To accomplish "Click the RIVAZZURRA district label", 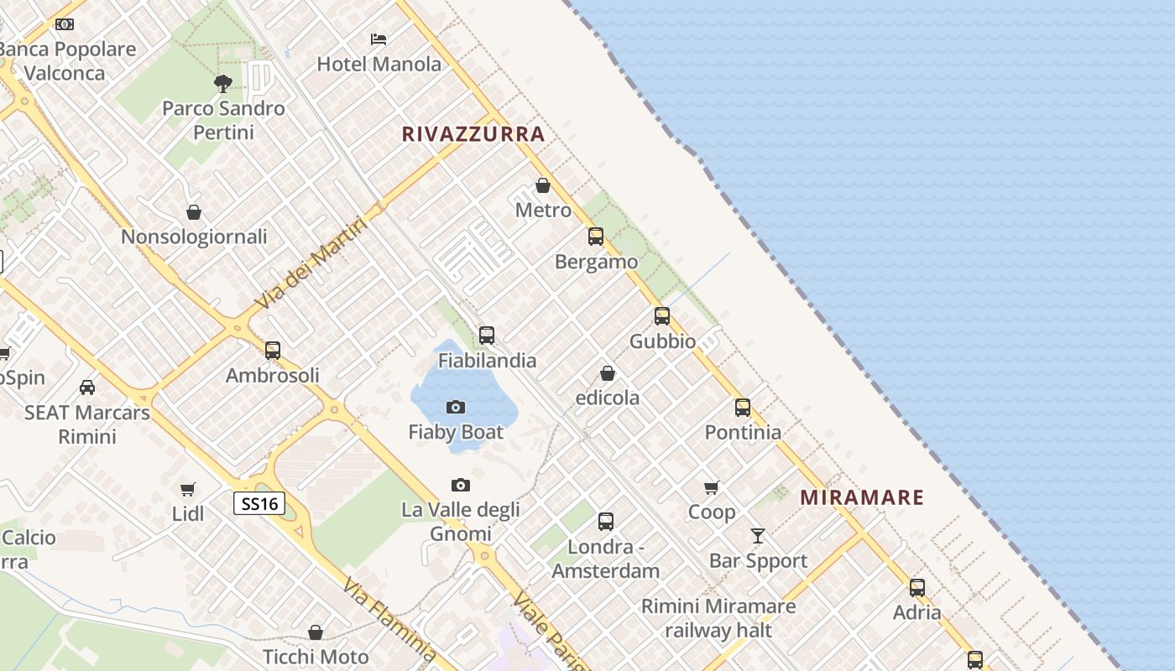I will [x=473, y=134].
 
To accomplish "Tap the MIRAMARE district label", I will [x=862, y=497].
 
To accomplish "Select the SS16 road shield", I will [x=259, y=503].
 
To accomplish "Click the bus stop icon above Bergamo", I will [x=596, y=237].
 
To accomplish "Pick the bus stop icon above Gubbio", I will [x=662, y=316].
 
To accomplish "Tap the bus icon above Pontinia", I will [x=743, y=408].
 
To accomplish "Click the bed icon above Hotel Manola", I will [x=379, y=39].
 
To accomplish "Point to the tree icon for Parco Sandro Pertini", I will [x=223, y=83].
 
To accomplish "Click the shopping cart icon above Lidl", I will [x=188, y=489].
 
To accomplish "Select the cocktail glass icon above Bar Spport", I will [x=758, y=535].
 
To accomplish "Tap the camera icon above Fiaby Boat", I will [x=456, y=408].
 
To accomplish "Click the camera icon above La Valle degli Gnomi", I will [x=460, y=485].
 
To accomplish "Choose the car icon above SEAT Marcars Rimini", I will [x=87, y=388].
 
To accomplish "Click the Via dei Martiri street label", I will [x=311, y=263].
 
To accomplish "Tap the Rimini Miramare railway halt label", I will [x=718, y=618].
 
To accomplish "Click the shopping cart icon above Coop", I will [x=712, y=487].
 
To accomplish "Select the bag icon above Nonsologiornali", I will [x=194, y=212].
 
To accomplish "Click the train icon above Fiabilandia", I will [x=487, y=335].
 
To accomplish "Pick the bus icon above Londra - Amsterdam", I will [x=606, y=522].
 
